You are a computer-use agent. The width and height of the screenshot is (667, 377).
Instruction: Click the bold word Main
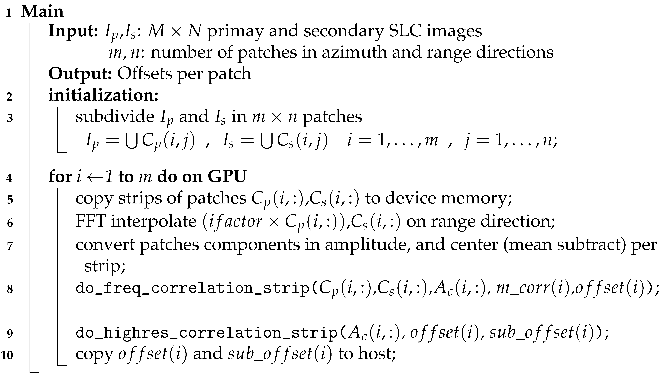42,12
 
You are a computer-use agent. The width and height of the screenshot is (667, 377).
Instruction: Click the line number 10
7,355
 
